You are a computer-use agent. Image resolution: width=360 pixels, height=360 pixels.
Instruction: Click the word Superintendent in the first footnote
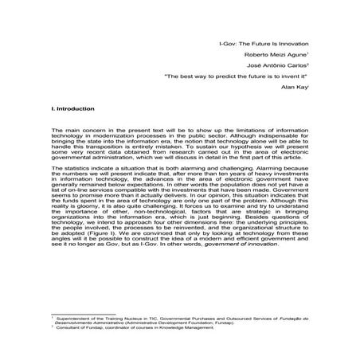76,316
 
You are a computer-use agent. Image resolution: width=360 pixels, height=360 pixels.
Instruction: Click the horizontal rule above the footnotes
75,311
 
